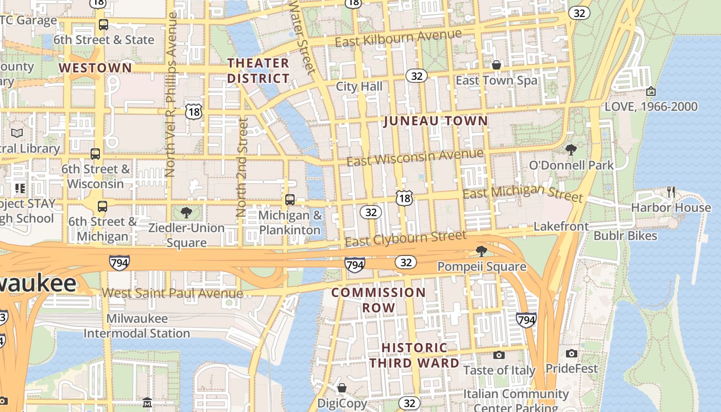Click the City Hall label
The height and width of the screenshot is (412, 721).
[x=359, y=87]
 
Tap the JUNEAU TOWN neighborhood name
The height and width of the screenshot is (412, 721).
[x=436, y=121]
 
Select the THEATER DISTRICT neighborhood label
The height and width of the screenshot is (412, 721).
[x=258, y=71]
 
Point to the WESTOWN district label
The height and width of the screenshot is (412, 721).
[x=95, y=68]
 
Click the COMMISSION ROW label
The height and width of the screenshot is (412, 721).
[x=379, y=300]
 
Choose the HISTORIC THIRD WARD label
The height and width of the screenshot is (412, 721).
[x=414, y=355]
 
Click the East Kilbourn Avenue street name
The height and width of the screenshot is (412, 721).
[x=398, y=38]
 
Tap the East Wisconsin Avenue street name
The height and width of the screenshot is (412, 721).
[x=415, y=157]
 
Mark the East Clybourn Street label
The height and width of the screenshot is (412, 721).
[x=405, y=238]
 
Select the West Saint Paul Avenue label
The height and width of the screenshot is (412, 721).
[x=172, y=294]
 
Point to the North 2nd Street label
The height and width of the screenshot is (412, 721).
[x=242, y=167]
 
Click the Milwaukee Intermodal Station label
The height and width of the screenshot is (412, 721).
[x=137, y=326]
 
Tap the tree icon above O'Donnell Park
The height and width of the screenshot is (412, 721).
[x=571, y=150]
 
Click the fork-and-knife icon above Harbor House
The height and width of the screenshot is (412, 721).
[x=671, y=192]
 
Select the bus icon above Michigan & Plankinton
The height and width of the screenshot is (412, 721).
[x=290, y=200]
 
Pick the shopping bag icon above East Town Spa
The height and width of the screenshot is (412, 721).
[x=496, y=65]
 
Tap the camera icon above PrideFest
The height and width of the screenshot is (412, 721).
[x=571, y=353]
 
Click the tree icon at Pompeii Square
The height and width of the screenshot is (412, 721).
[x=482, y=251]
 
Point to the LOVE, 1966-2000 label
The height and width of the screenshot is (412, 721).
[x=651, y=107]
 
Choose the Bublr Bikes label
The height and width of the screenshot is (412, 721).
[x=625, y=236]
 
